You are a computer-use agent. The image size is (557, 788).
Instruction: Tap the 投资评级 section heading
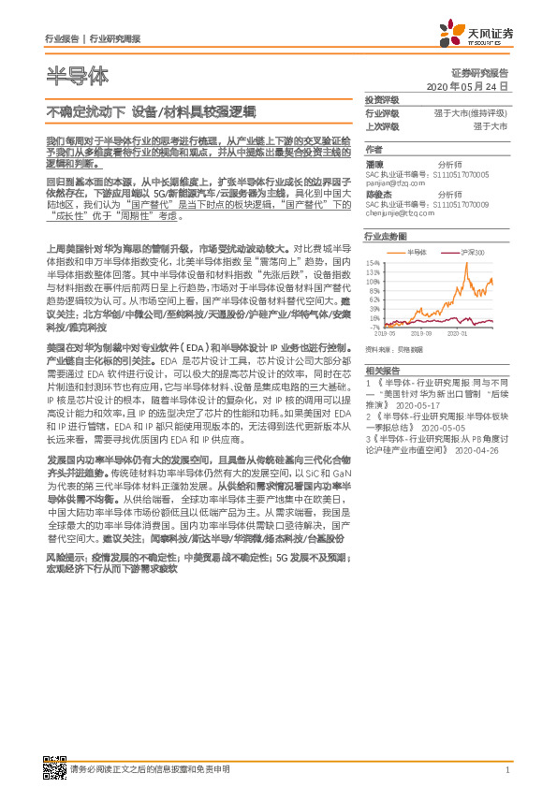pyautogui.click(x=382, y=99)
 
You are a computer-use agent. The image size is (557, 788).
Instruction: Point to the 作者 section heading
pyautogui.click(x=374, y=149)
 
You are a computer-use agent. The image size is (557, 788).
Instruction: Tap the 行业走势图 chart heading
pyautogui.click(x=385, y=239)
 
